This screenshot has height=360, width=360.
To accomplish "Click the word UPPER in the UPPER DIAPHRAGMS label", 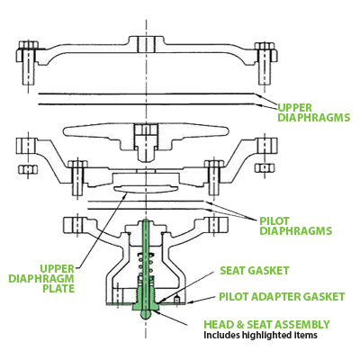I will click(x=293, y=105).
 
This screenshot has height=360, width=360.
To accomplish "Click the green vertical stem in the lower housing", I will click(x=144, y=261).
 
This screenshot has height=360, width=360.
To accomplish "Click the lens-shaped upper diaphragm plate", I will click(x=144, y=186).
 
